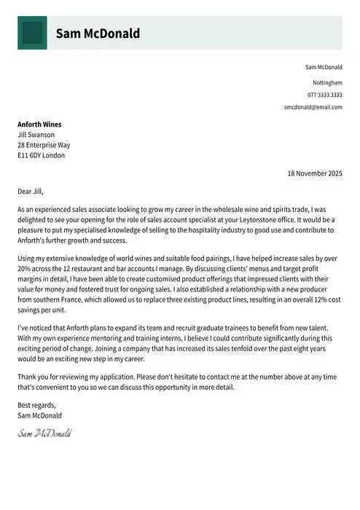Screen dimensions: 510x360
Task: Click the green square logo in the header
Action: coord(32,33)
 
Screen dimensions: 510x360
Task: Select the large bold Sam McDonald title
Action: coord(98,34)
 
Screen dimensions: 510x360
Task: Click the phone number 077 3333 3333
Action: coord(324,95)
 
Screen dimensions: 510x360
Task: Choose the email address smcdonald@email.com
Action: coord(313,107)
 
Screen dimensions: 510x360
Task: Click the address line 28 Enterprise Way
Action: coord(44,145)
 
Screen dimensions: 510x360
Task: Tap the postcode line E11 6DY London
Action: coord(41,155)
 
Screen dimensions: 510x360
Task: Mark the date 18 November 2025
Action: coord(314,173)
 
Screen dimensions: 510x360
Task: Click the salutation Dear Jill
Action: coord(31,192)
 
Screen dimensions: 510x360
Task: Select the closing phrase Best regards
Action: coord(36,405)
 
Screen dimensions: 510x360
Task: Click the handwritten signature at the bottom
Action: coord(44,433)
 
